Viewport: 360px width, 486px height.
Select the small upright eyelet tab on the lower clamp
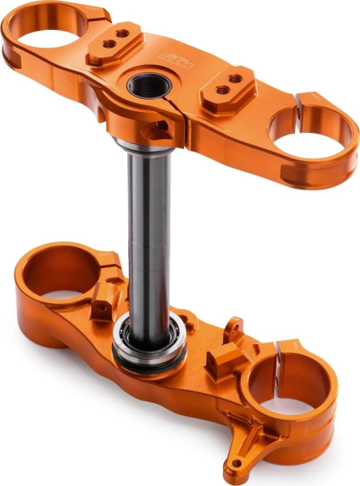point(234,326)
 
